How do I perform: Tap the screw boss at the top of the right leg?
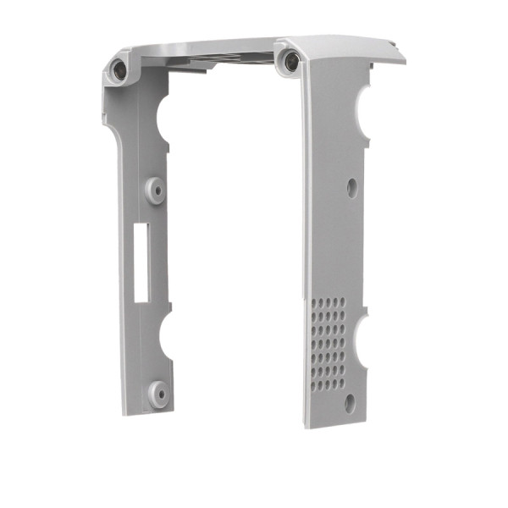pos(290,59)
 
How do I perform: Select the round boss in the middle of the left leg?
pos(155,189)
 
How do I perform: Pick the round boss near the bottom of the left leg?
pos(157,390)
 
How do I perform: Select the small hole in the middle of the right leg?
pos(351,187)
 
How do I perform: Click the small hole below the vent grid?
pos(350,403)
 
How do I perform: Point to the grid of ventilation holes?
pos(327,343)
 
